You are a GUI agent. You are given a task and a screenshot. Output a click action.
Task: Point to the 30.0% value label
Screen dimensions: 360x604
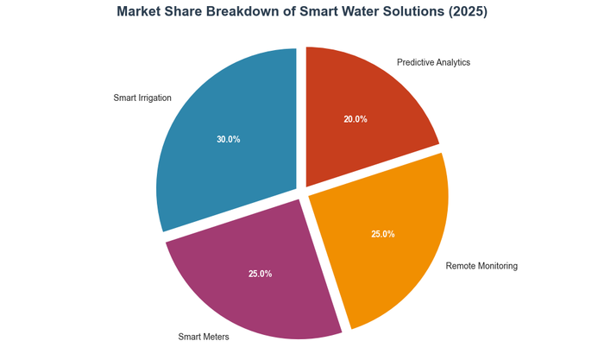(x=228, y=139)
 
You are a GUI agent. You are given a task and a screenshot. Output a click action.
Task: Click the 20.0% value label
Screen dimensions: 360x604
(x=355, y=119)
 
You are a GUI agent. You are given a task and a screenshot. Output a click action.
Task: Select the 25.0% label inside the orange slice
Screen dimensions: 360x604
(x=382, y=234)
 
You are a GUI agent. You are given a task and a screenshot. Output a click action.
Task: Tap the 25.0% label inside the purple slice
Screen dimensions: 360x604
(x=260, y=274)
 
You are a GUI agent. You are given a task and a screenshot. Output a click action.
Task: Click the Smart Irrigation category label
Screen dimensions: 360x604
(x=142, y=98)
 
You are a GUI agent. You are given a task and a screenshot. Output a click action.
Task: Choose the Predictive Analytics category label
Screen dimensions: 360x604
(x=433, y=62)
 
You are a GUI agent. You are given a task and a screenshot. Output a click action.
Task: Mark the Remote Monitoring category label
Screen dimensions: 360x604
(x=481, y=266)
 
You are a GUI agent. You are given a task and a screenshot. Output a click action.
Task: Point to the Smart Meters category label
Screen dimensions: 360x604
(x=204, y=337)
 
